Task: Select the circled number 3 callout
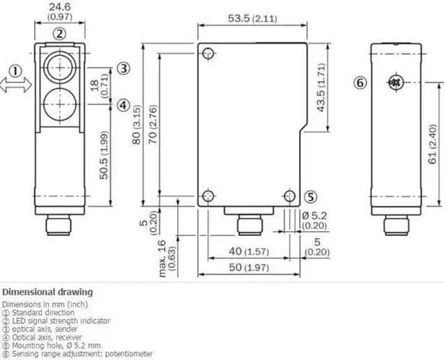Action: point(123,68)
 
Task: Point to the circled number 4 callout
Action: point(123,105)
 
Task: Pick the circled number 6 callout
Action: point(360,83)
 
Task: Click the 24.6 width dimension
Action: point(59,7)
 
